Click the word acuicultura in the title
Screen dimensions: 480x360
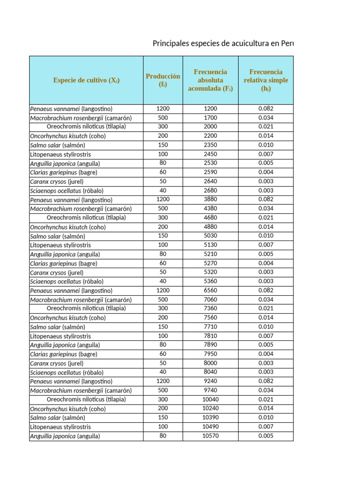point(249,44)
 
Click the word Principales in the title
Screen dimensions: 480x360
point(172,44)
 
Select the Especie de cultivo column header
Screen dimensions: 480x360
point(86,80)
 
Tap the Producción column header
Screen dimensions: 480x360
point(163,80)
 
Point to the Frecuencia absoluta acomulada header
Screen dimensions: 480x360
point(210,80)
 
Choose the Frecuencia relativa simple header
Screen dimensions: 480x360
point(266,80)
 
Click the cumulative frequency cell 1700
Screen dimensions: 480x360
point(210,118)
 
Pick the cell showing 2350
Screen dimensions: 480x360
point(210,145)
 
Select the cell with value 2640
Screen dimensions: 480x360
point(210,181)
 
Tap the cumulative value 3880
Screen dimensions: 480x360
point(210,200)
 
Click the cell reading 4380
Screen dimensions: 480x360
point(210,209)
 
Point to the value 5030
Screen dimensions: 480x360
point(210,236)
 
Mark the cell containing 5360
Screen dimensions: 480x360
point(210,281)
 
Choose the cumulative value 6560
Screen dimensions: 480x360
point(210,291)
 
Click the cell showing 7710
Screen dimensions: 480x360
point(210,327)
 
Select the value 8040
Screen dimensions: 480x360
point(210,372)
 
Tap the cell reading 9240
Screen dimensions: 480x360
point(210,381)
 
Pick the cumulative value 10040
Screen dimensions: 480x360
point(210,399)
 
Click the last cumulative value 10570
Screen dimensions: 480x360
point(210,436)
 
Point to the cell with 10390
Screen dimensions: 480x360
point(210,418)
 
